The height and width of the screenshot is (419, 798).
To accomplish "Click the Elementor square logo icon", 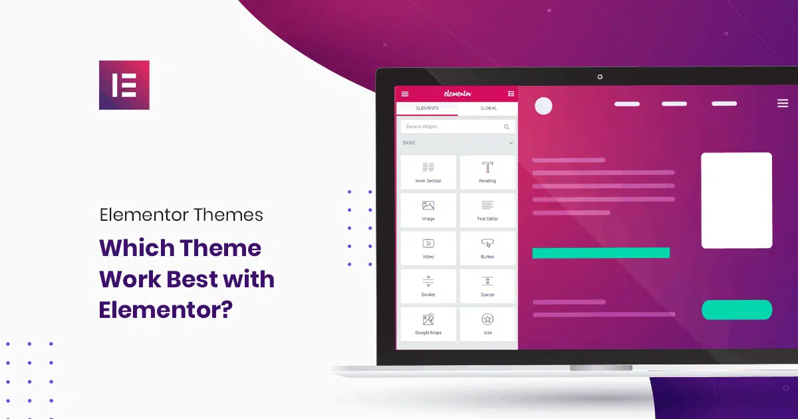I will coord(124,85).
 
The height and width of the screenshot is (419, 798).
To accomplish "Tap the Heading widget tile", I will coord(487,172).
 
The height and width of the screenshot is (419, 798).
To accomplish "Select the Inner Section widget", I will coord(428,172).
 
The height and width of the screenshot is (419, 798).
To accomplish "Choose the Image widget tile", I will coord(428,210).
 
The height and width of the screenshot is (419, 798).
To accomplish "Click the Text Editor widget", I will coord(487,210).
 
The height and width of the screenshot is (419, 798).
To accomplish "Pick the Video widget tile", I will coord(428,248).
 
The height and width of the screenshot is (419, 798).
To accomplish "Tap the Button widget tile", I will coord(487,248).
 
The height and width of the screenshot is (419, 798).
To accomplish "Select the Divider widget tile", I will coord(428,286).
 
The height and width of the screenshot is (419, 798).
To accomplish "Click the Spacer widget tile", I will coord(487,286).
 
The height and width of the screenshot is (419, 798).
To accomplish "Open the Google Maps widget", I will coord(428,324).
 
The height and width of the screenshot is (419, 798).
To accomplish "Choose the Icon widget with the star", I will coord(487,324).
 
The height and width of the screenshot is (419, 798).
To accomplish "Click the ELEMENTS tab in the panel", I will coord(427,108).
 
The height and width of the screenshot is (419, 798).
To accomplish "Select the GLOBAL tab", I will coord(488,108).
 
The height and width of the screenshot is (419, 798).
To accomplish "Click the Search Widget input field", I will coord(452,126).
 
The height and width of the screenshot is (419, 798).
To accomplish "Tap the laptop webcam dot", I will coord(600,77).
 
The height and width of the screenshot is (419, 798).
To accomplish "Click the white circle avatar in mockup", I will coord(544,106).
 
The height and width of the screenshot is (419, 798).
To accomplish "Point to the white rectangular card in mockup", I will coord(736,200).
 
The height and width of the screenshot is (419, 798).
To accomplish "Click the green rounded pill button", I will coord(737,309).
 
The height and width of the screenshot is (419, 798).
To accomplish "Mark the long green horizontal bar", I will coord(600,253).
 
